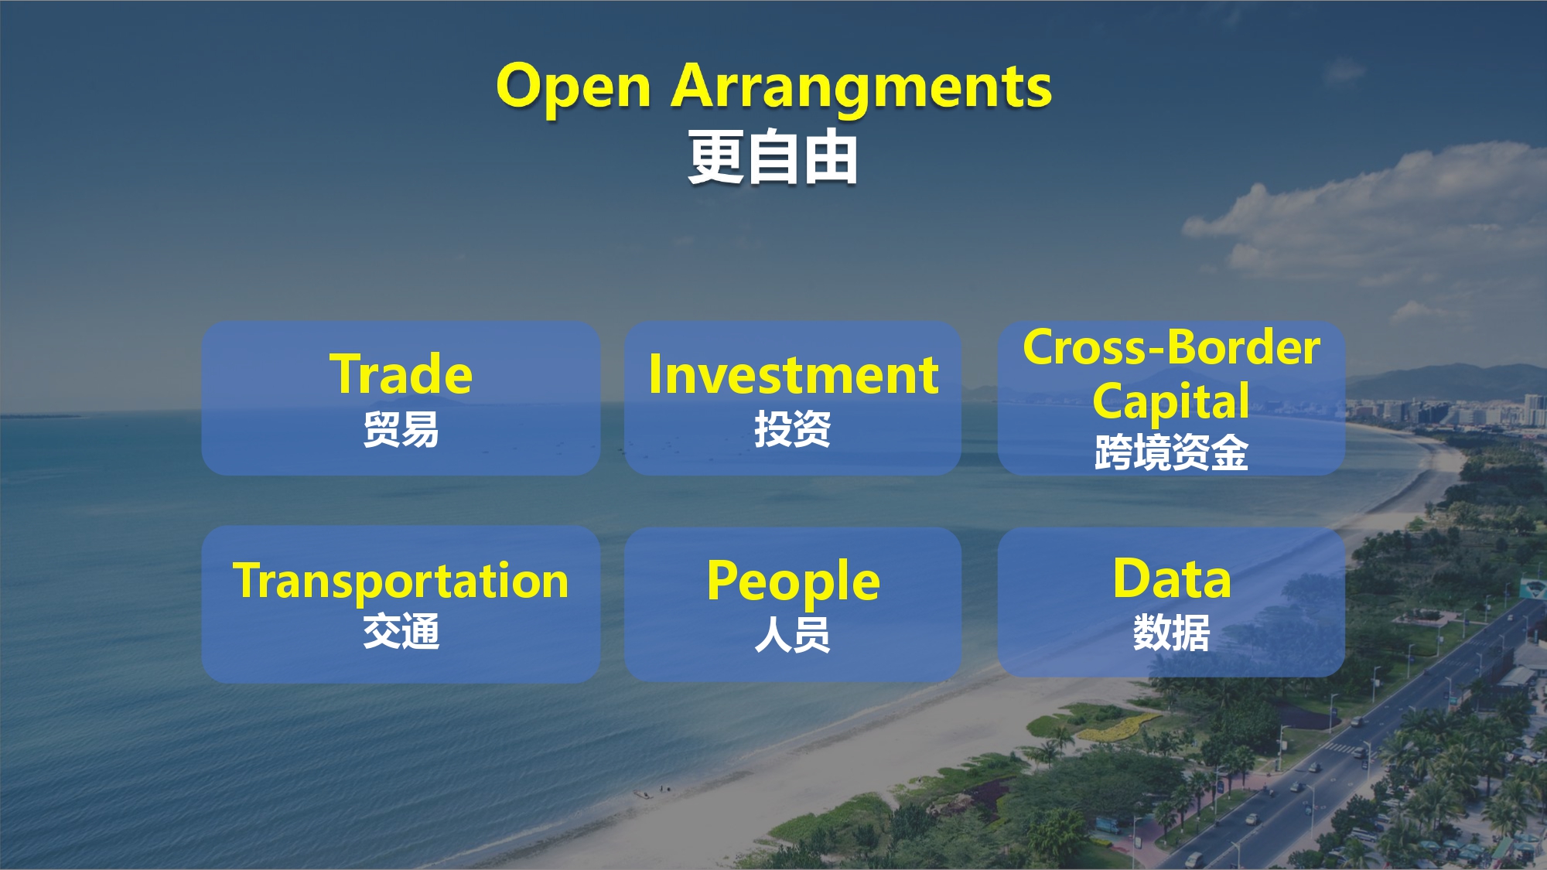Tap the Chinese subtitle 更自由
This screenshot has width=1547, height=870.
pyautogui.click(x=773, y=158)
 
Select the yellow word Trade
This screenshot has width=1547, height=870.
pyautogui.click(x=401, y=374)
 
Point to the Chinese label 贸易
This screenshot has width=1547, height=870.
pyautogui.click(x=401, y=429)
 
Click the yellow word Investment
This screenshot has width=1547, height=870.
pyautogui.click(x=794, y=375)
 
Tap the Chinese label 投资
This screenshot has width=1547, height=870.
pyautogui.click(x=793, y=429)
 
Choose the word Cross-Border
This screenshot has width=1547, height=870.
pyautogui.click(x=1171, y=347)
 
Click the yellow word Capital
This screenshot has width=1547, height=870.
pyautogui.click(x=1171, y=401)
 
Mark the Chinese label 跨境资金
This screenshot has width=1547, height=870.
pyautogui.click(x=1171, y=452)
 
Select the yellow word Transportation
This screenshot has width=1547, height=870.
pyautogui.click(x=401, y=582)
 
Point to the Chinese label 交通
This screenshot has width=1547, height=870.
pyautogui.click(x=401, y=631)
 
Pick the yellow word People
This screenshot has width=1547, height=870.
pyautogui.click(x=794, y=582)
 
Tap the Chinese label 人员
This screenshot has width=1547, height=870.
pyautogui.click(x=793, y=634)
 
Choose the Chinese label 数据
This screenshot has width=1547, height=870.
pyautogui.click(x=1171, y=633)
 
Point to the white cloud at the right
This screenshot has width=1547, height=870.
pyautogui.click(x=1369, y=209)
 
